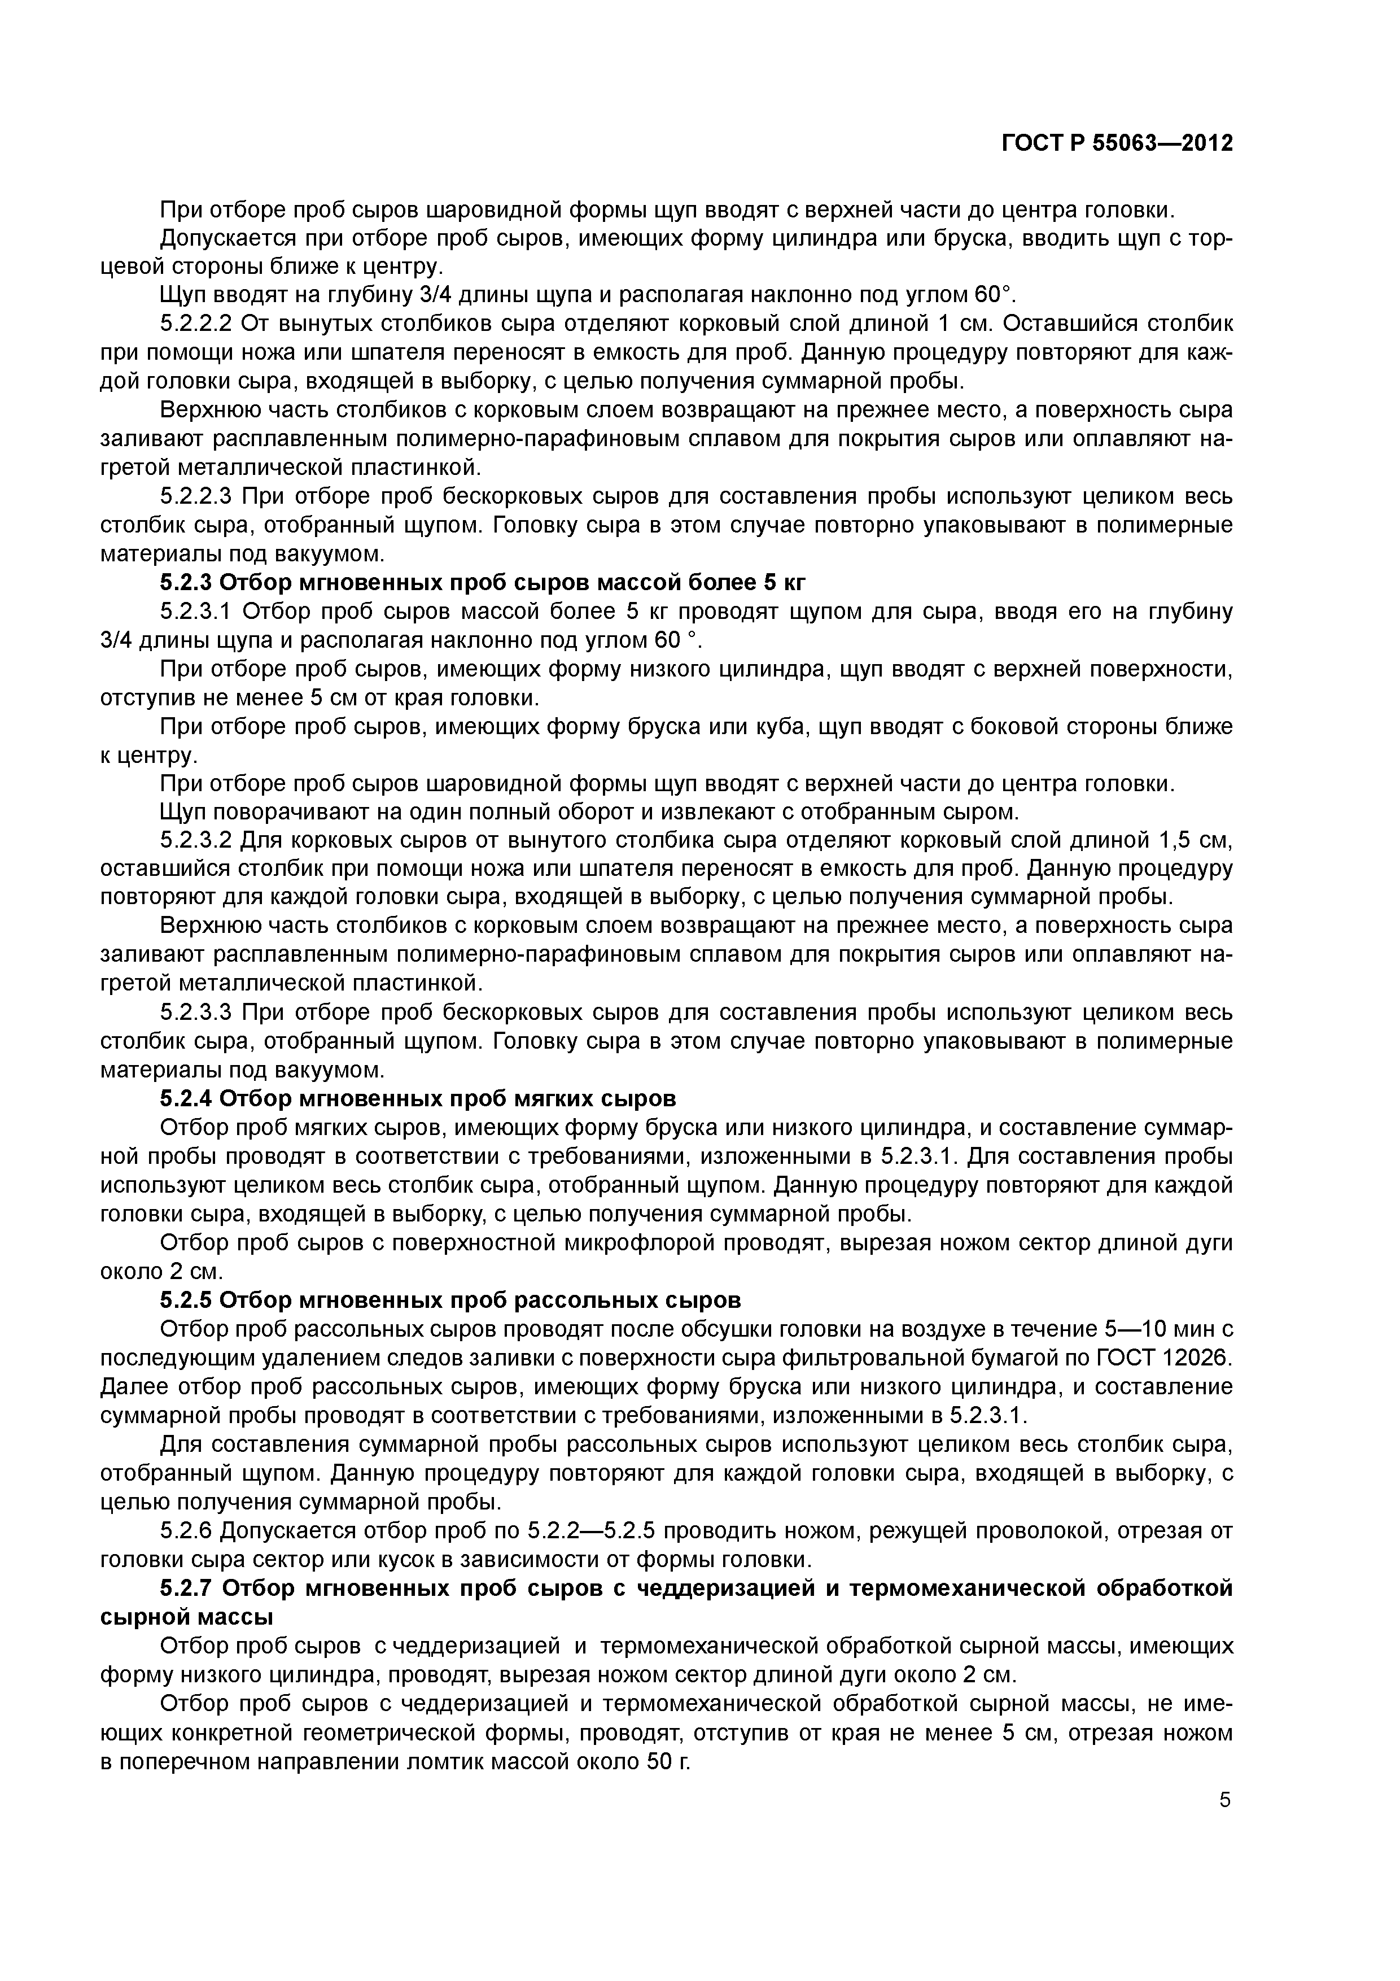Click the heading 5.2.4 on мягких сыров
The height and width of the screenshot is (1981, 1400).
pos(418,1098)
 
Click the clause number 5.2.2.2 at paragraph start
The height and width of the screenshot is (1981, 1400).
pos(196,324)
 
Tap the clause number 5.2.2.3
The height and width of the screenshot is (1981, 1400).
pos(196,496)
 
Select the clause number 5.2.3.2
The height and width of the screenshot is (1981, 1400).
pos(196,840)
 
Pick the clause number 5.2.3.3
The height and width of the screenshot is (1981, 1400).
pos(196,1012)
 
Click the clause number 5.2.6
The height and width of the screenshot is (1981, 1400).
pos(186,1530)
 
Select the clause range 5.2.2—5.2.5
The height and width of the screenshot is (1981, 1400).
pos(591,1530)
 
